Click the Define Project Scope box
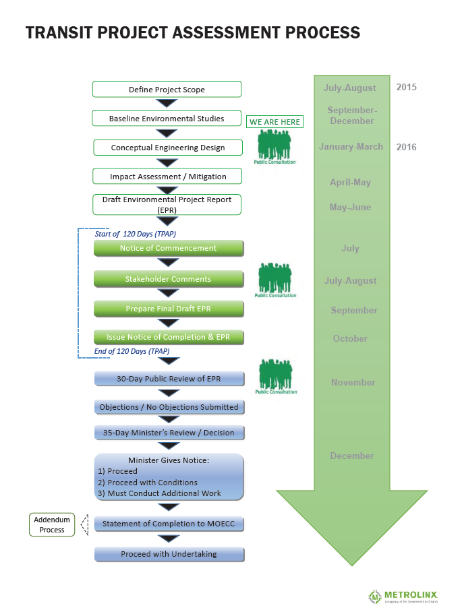click(167, 90)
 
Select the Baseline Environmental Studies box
click(167, 119)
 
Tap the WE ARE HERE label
click(275, 122)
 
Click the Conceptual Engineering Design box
click(167, 148)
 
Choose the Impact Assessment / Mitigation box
click(167, 177)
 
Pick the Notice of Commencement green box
click(168, 248)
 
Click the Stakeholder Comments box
click(168, 279)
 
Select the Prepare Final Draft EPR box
click(168, 309)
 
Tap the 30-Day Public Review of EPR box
click(169, 379)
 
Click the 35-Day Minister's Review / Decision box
click(169, 433)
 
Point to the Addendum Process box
click(52, 525)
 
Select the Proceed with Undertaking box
click(169, 554)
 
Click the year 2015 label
click(406, 88)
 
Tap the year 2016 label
click(406, 147)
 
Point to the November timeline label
click(353, 382)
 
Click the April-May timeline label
click(350, 182)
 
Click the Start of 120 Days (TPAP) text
click(136, 234)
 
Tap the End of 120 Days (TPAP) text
click(132, 351)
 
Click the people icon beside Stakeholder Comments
click(275, 279)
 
